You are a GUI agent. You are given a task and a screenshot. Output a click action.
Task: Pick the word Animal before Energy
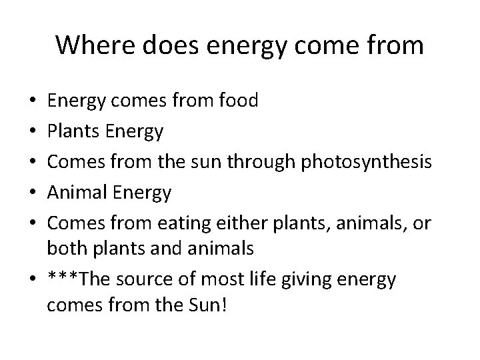(x=78, y=193)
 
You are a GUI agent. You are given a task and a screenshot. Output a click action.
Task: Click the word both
(x=66, y=248)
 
